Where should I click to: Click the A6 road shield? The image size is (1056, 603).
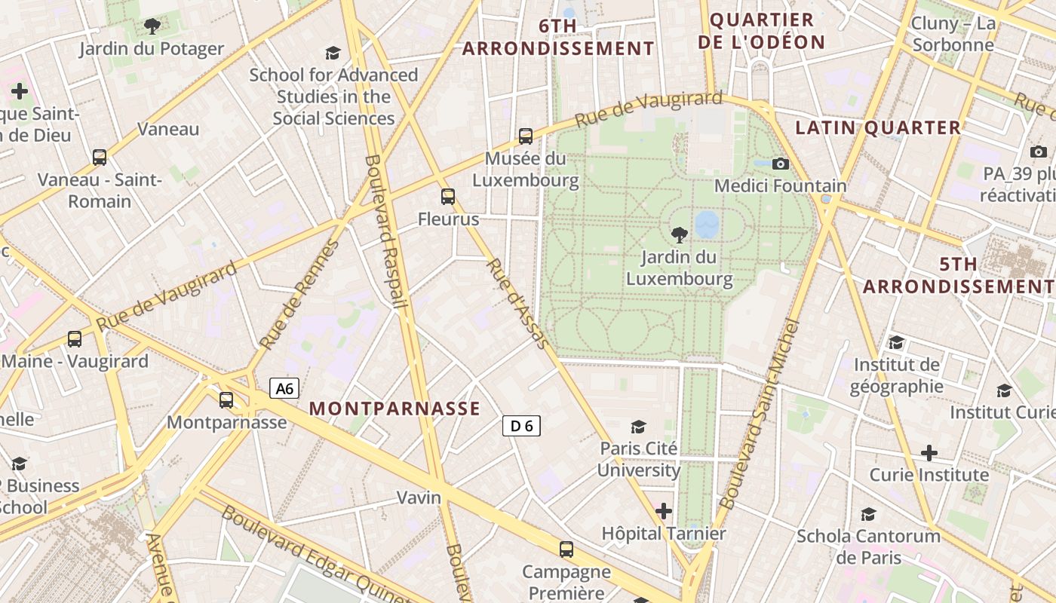(284, 389)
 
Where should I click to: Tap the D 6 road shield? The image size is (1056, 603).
(521, 426)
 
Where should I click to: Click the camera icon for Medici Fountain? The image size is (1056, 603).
(781, 164)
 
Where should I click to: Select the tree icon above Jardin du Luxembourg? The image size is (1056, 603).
(679, 234)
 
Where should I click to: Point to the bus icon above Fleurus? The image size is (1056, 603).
(448, 197)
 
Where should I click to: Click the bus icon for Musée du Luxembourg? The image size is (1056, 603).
(526, 136)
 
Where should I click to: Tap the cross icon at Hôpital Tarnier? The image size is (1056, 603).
(664, 511)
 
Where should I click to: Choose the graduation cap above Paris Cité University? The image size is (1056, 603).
(639, 427)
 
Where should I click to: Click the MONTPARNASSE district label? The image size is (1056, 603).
(394, 409)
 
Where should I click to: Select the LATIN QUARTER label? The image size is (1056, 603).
(878, 128)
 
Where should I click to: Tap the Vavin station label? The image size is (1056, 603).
(419, 497)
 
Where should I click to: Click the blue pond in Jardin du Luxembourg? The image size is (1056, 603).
(707, 224)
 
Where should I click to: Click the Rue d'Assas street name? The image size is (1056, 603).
(518, 304)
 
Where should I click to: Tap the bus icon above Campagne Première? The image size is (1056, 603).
(566, 549)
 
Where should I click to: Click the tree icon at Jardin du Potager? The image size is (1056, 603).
(152, 27)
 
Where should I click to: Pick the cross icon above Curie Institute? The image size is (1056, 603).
(929, 453)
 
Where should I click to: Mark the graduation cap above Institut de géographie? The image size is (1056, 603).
(896, 343)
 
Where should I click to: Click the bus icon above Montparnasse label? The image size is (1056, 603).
(226, 400)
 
